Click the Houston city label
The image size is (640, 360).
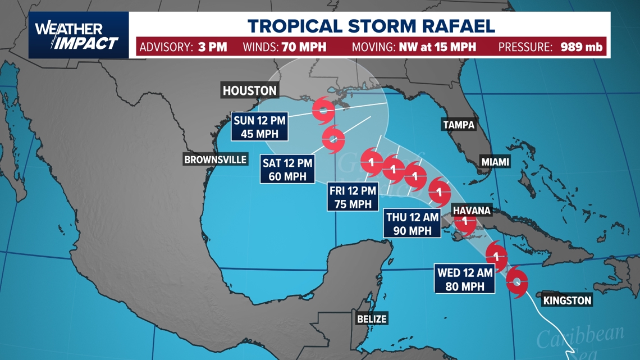pyautogui.click(x=249, y=90)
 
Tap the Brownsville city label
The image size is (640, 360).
pyautogui.click(x=216, y=160)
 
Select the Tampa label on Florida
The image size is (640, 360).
pyautogui.click(x=458, y=125)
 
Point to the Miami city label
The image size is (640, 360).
pyautogui.click(x=495, y=162)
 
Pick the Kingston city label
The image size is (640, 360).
pyautogui.click(x=567, y=300)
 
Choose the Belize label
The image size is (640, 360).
pyautogui.click(x=372, y=319)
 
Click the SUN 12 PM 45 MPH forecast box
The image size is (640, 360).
pyautogui.click(x=260, y=126)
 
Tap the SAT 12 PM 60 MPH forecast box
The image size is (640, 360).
pyautogui.click(x=287, y=170)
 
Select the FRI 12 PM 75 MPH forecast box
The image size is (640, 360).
pyautogui.click(x=353, y=198)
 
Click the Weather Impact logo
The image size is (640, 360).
pyautogui.click(x=76, y=35)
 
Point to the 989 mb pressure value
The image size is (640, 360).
pyautogui.click(x=582, y=47)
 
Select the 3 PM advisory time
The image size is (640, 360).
pyautogui.click(x=212, y=47)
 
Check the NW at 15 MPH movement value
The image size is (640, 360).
pyautogui.click(x=437, y=47)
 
